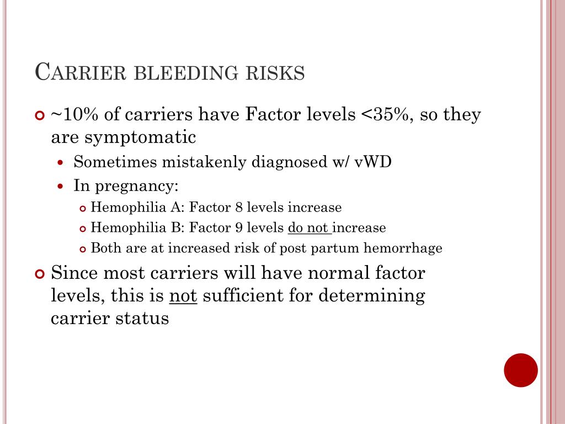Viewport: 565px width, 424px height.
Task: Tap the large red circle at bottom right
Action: [521, 370]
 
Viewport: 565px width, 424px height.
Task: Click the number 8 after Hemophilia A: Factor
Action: [239, 208]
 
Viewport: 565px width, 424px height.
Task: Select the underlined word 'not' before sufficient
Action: [183, 296]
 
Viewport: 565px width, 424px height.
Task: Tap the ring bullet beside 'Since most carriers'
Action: [39, 274]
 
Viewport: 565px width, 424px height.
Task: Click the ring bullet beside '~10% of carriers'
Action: [39, 115]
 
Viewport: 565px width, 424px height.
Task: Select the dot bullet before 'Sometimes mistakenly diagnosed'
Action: [62, 162]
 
